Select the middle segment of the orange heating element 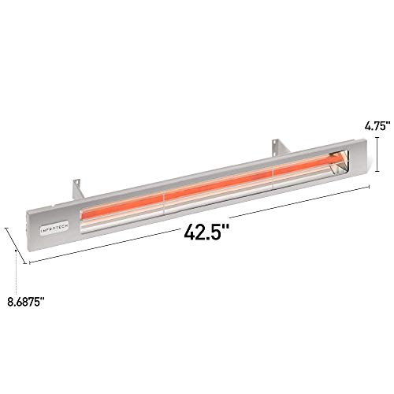[217, 184]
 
